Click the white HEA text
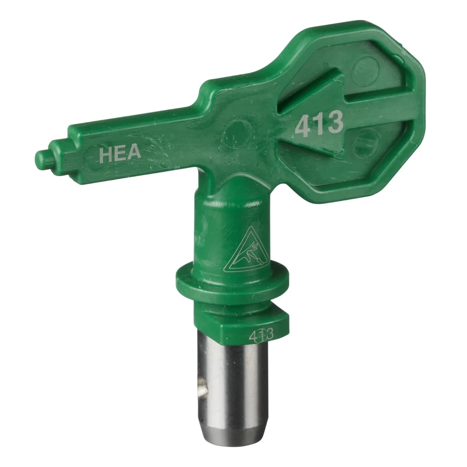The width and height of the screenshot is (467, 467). (120, 153)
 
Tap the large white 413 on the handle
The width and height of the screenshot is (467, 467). (320, 124)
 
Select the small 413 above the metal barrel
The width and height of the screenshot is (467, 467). (261, 335)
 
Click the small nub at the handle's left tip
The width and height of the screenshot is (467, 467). (43, 157)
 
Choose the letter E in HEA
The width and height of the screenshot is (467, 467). (120, 153)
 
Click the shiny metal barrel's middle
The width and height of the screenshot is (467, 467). (227, 384)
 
